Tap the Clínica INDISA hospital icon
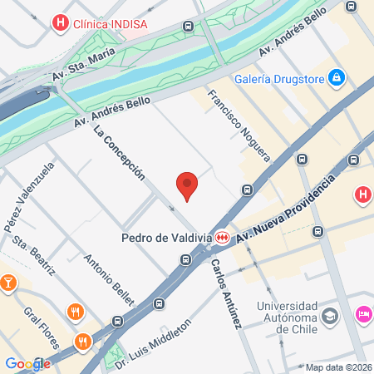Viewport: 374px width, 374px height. coord(59,23)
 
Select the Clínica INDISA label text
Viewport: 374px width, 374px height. coord(110,23)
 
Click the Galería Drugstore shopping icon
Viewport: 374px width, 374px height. coord(337,78)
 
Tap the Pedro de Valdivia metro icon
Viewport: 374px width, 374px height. coord(221,238)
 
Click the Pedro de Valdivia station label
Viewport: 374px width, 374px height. coord(166,238)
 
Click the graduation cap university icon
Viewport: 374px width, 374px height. coord(331,316)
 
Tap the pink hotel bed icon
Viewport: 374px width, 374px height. coord(363,314)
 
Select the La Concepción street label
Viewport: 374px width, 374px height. coord(120,152)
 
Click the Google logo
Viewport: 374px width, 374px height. coord(27,364)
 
